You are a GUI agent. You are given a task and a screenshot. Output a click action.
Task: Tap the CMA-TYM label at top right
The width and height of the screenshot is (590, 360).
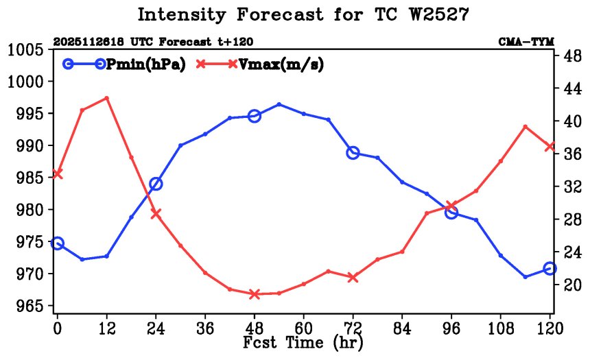[x=526, y=42]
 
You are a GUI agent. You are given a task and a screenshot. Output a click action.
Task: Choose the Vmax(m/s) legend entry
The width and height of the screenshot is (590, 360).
[x=260, y=64]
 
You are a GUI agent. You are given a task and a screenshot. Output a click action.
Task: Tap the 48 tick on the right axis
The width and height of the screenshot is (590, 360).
[x=571, y=56]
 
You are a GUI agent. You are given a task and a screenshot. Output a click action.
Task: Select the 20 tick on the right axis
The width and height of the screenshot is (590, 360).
[x=571, y=284]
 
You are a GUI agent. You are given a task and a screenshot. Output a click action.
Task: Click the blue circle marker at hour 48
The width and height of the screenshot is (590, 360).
[x=255, y=116]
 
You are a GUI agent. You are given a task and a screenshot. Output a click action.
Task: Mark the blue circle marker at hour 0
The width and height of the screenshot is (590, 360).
[x=58, y=243]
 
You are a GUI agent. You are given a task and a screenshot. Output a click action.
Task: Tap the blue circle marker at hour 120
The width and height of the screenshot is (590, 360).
[x=550, y=269]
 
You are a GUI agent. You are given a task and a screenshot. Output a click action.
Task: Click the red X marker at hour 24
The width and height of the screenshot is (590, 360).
[x=156, y=213]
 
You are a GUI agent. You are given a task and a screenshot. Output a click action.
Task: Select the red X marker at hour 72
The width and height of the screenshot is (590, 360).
[x=353, y=278]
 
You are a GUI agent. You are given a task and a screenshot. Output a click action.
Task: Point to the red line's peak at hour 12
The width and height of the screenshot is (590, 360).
[x=106, y=98]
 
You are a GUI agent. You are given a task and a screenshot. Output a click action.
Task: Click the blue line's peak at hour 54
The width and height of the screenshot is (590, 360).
[x=279, y=104]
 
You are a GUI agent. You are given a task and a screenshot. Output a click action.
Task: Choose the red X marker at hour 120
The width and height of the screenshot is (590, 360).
[x=550, y=146]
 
